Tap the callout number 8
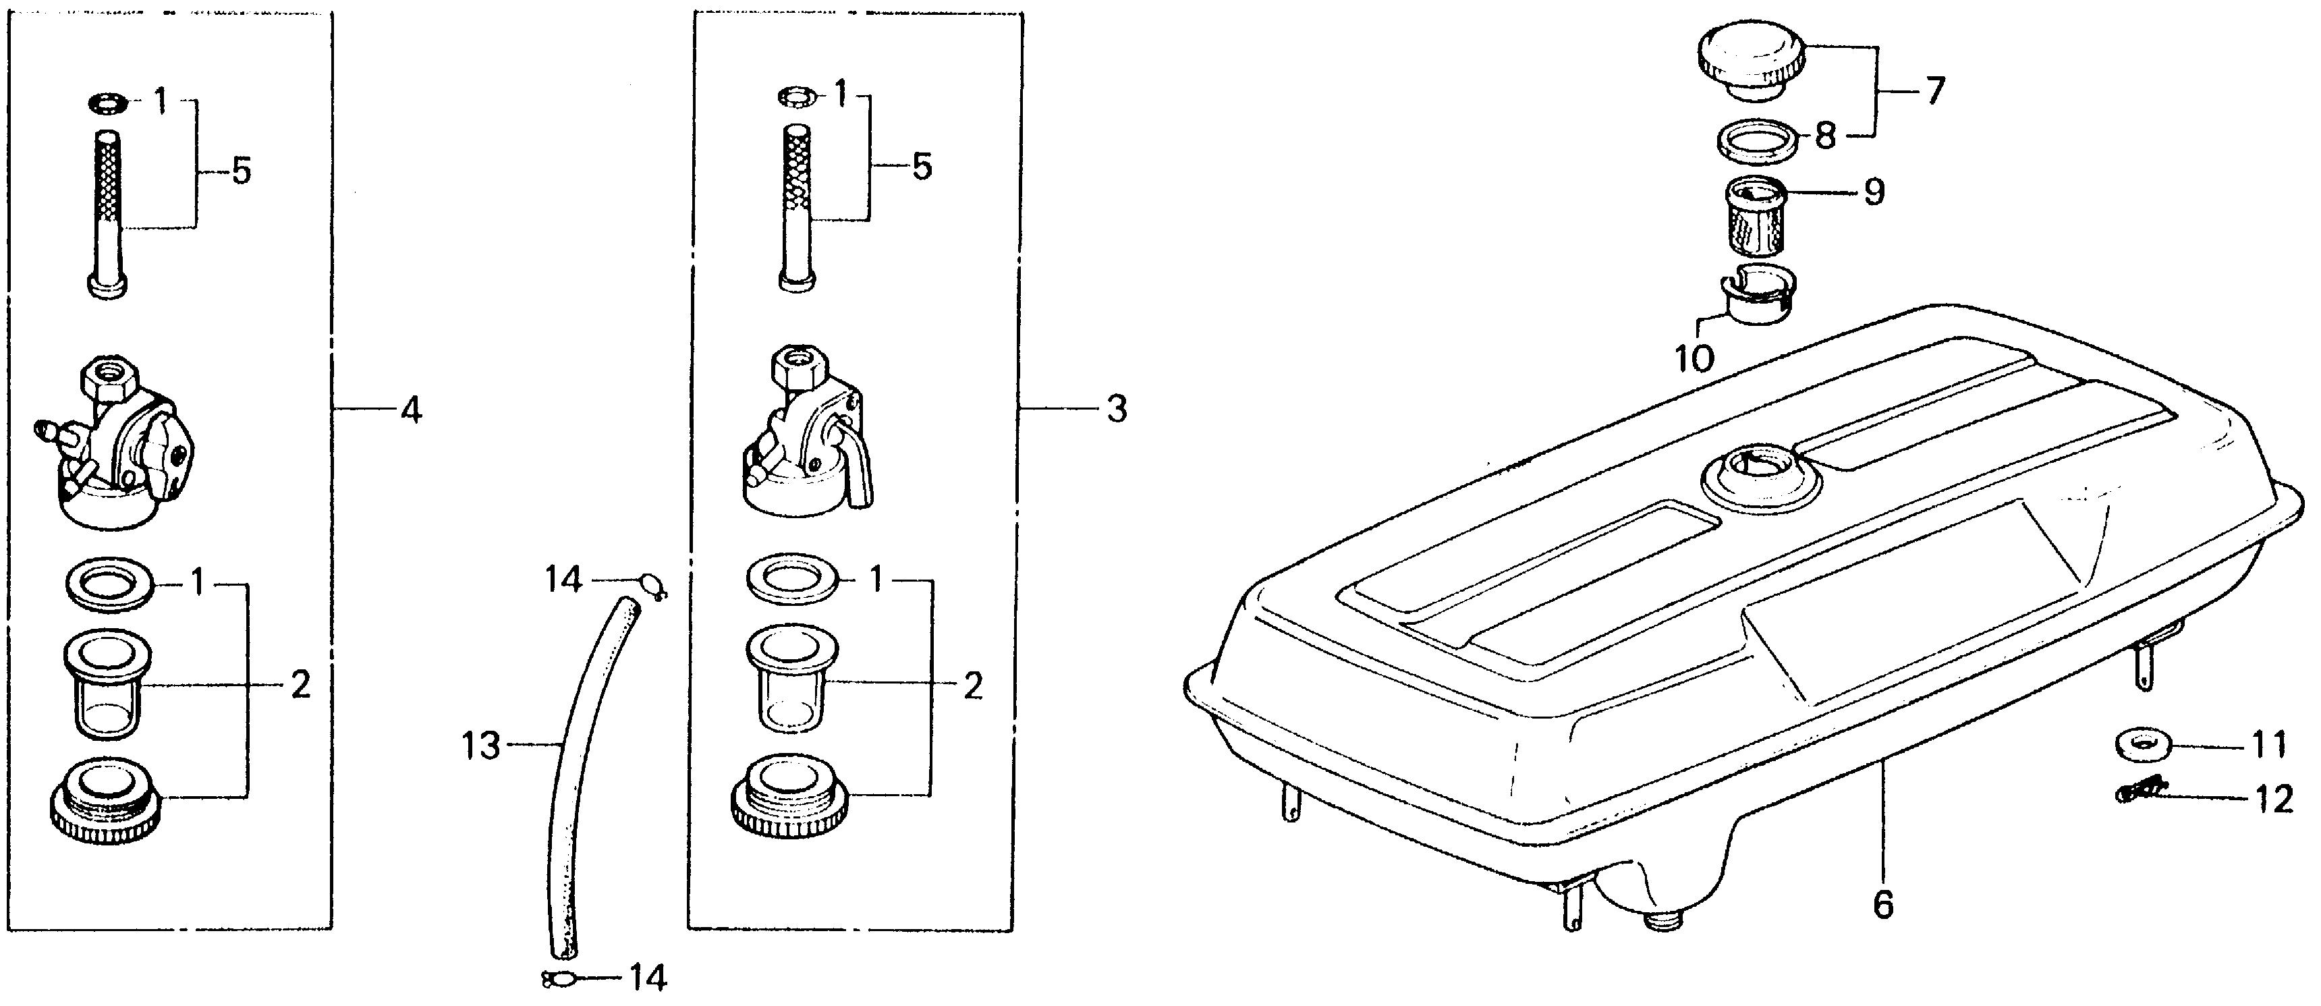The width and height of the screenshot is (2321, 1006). pos(1824,137)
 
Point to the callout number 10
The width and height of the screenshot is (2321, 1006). pos(1694,358)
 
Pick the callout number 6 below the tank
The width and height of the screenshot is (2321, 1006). pos(1882,903)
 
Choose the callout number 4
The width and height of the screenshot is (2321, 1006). pos(410,411)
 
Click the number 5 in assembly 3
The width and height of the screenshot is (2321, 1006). pos(922,167)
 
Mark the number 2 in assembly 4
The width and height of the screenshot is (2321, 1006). pos(300,686)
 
